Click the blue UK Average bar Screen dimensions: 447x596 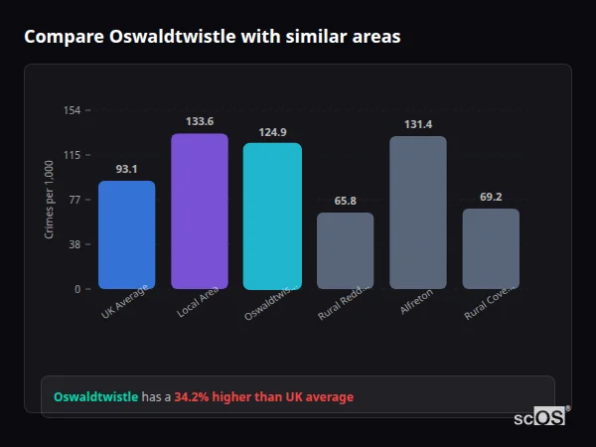pyautogui.click(x=126, y=234)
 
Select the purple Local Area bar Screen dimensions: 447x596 pyautogui.click(x=200, y=211)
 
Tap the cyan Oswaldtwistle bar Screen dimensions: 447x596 pyautogui.click(x=272, y=216)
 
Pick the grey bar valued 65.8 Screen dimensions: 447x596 pyautogui.click(x=345, y=250)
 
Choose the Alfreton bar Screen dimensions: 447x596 pyautogui.click(x=418, y=212)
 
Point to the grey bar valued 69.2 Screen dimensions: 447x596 pyautogui.click(x=491, y=248)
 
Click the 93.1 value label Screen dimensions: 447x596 pyautogui.click(x=126, y=169)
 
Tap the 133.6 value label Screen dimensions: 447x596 pyautogui.click(x=200, y=121)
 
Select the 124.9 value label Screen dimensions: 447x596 pyautogui.click(x=272, y=132)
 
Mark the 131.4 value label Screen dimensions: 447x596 pyautogui.click(x=418, y=124)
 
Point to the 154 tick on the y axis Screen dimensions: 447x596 pyautogui.click(x=73, y=110)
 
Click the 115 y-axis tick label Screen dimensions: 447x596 pyautogui.click(x=73, y=155)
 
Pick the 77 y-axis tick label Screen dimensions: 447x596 pyautogui.click(x=75, y=200)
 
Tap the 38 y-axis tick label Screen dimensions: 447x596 pyautogui.click(x=75, y=244)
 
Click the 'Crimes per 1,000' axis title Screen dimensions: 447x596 pyautogui.click(x=50, y=200)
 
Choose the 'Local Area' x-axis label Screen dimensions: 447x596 pyautogui.click(x=198, y=306)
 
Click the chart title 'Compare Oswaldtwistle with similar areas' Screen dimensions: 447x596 pyautogui.click(x=213, y=37)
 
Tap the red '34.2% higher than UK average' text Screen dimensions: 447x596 pyautogui.click(x=263, y=397)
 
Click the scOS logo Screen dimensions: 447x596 pyautogui.click(x=540, y=417)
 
